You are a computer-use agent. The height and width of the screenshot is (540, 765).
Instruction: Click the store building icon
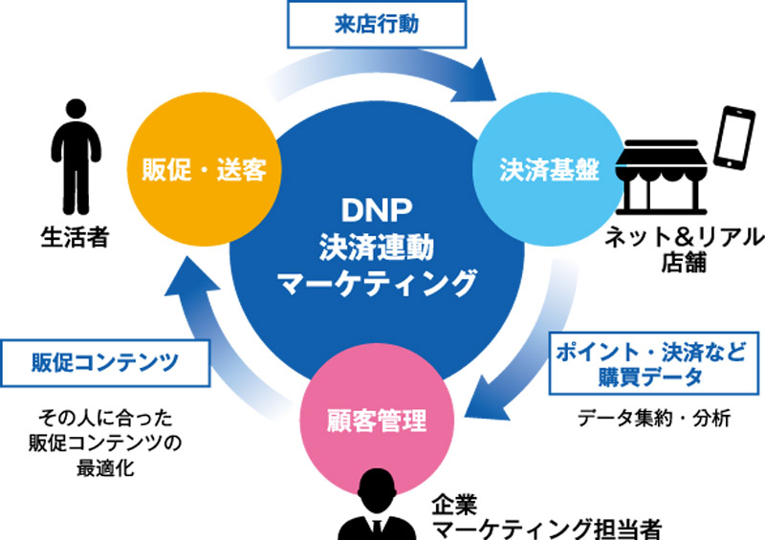tap(664, 182)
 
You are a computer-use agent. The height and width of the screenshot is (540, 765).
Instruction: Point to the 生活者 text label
tap(74, 234)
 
